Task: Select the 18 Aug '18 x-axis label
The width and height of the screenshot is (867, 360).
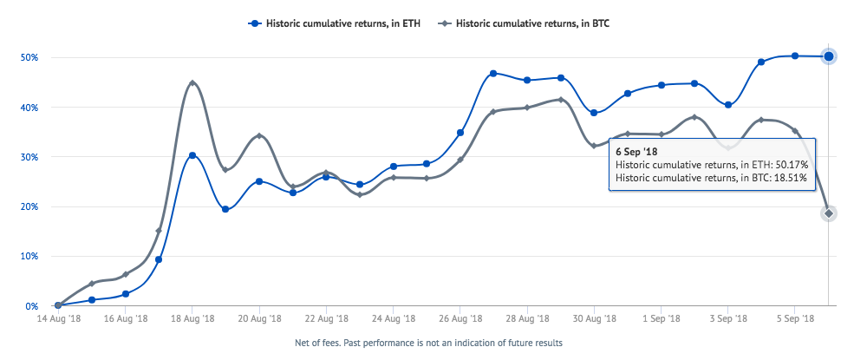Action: pos(192,320)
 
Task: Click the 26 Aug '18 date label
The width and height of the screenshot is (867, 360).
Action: pos(460,320)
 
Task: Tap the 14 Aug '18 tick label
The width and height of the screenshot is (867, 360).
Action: pos(58,320)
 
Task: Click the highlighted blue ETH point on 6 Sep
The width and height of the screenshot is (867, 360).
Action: pos(829,56)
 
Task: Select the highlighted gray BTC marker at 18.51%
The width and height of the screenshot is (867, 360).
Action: pos(829,213)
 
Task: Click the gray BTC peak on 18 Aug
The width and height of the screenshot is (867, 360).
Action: pos(192,82)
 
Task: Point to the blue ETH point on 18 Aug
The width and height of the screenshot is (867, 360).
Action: pos(192,155)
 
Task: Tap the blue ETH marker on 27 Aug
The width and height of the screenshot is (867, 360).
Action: pos(493,73)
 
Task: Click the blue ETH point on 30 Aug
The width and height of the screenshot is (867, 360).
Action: pos(594,113)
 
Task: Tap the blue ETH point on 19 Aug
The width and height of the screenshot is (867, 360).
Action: pos(225,209)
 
